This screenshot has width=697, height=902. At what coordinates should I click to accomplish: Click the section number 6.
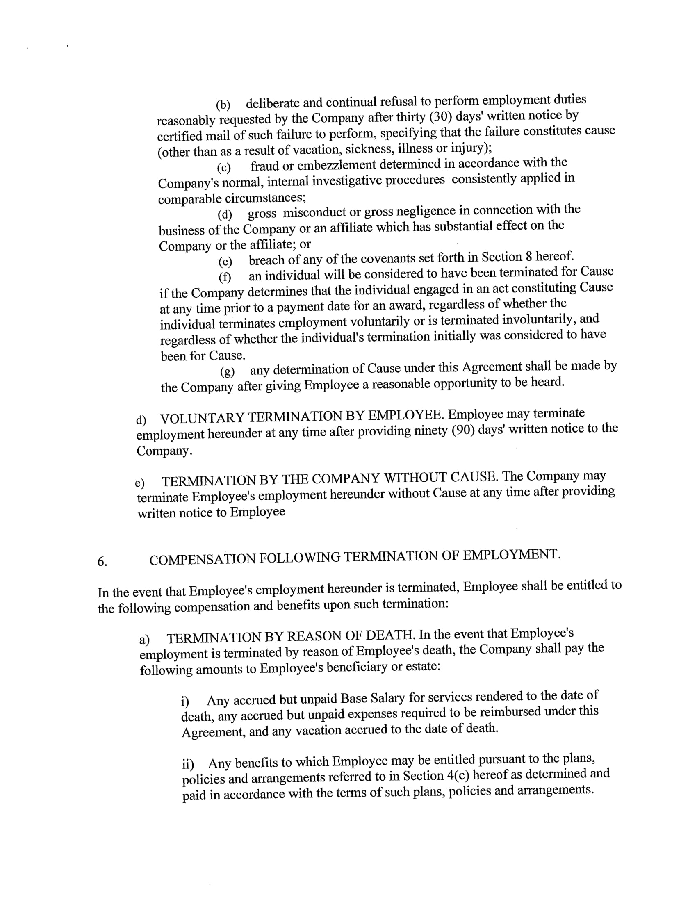pyautogui.click(x=102, y=562)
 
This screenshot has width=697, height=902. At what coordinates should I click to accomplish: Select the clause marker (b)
pyautogui.click(x=223, y=105)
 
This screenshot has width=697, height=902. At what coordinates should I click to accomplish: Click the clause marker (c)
pyautogui.click(x=224, y=168)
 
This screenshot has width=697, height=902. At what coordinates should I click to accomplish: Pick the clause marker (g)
pyautogui.click(x=227, y=372)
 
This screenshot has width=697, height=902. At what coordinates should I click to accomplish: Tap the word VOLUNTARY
pyautogui.click(x=202, y=418)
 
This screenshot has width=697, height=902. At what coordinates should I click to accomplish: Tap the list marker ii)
pyautogui.click(x=188, y=764)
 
